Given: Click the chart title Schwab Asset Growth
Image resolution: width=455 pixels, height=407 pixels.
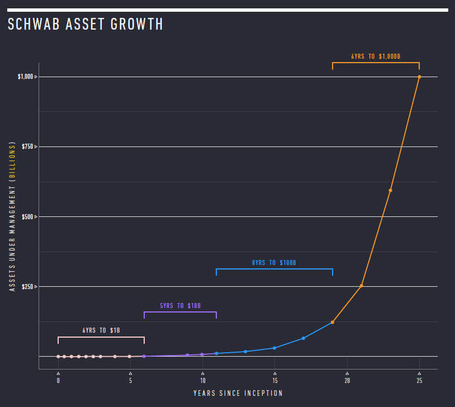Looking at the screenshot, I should click(x=85, y=24).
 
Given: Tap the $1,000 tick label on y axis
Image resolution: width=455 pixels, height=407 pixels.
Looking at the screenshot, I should click(x=26, y=77).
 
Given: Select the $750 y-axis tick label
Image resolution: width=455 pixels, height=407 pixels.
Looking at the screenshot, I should click(x=28, y=146).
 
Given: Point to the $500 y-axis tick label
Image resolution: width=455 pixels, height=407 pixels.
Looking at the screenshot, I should click(x=28, y=216).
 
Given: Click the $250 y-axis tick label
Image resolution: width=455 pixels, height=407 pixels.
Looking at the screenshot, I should click(x=28, y=286).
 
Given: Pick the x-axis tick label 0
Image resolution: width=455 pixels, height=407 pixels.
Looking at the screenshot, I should click(x=58, y=380).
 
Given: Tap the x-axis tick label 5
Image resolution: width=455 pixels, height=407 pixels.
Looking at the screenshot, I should click(x=130, y=380).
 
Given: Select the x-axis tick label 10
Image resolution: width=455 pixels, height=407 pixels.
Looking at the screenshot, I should click(x=202, y=380).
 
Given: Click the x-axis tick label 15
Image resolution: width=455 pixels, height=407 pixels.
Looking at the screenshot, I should click(x=274, y=380).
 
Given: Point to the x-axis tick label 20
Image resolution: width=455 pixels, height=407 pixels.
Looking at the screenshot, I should click(x=347, y=380).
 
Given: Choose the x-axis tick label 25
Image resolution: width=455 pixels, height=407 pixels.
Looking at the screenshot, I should click(x=419, y=380).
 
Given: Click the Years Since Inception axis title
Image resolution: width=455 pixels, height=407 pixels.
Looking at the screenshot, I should click(x=238, y=394).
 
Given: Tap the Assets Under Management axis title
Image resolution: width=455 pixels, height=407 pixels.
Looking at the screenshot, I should click(x=12, y=216).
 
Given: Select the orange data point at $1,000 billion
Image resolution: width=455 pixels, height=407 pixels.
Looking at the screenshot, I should click(x=419, y=77).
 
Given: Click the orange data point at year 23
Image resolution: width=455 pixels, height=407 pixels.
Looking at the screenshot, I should click(x=390, y=191).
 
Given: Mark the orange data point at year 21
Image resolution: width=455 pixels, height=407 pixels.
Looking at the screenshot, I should click(x=362, y=286).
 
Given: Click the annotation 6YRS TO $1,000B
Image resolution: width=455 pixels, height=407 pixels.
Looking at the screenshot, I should click(x=376, y=56).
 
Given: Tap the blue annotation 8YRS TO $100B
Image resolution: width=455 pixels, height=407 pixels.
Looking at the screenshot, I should click(x=273, y=262).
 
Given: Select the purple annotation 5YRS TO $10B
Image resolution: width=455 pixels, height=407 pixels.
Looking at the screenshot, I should click(x=180, y=306).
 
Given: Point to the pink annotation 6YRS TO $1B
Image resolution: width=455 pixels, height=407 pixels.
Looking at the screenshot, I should click(x=101, y=330).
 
